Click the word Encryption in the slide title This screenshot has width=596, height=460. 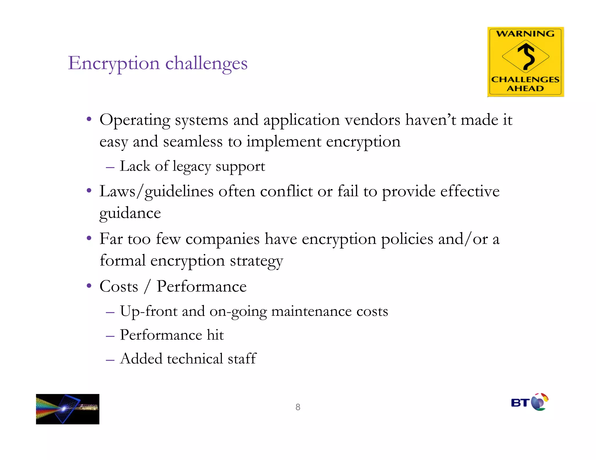pos(114,63)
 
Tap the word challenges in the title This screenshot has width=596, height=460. pos(206,63)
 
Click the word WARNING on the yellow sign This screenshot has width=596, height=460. pos(525,34)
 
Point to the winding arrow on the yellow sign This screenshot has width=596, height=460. pos(526,56)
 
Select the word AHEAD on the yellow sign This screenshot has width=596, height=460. pos(525,88)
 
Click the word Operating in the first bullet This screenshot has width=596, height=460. pos(135,120)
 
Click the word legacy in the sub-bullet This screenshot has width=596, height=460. pos(191,167)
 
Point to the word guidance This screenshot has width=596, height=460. pos(130,213)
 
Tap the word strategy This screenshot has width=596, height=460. pos(256,261)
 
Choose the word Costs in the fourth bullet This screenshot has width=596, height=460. pos(119,287)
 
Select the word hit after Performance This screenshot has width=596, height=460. pos(215,335)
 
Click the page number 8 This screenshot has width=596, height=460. pos(298,407)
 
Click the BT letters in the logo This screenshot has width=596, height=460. pos(520,403)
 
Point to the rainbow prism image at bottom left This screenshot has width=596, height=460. pos(68,409)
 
